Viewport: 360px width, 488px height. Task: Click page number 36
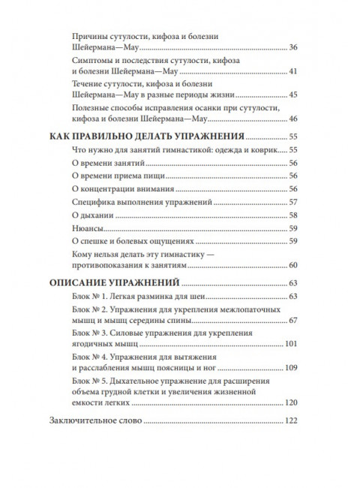point(293,49)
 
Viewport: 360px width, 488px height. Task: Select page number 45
point(293,95)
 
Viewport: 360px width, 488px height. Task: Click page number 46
point(293,119)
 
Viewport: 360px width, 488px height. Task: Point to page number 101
point(291,345)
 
